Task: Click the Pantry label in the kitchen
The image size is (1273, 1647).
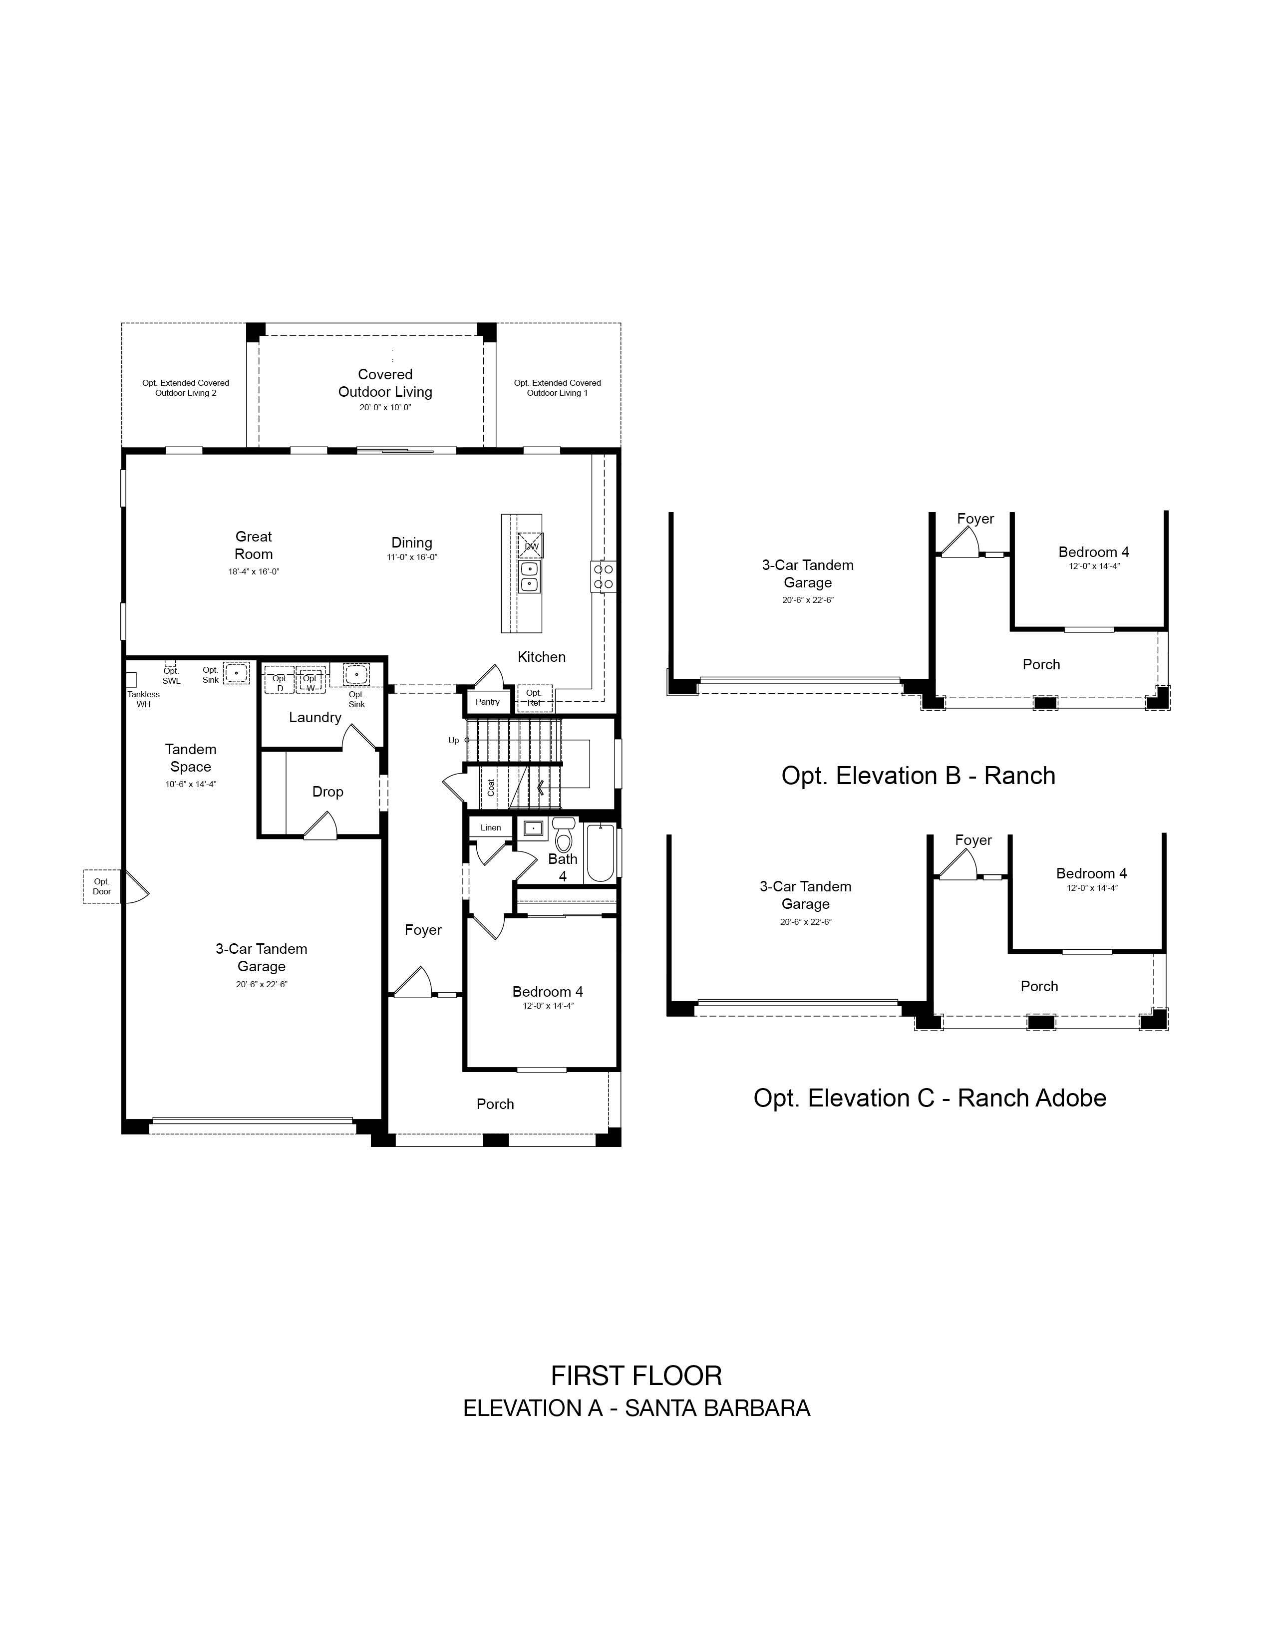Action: tap(487, 702)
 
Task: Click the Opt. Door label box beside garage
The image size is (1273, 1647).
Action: tap(102, 886)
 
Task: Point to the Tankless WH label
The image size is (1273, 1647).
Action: tap(143, 699)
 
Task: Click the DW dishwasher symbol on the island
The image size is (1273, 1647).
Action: tap(531, 545)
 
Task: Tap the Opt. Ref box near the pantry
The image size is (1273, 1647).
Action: tap(534, 698)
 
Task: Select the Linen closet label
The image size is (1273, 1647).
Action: tap(490, 827)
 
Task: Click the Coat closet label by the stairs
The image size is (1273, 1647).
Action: tap(491, 787)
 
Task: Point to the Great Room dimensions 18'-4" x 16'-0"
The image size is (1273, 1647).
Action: tap(254, 571)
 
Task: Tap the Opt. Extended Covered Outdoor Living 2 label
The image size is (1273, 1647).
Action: tap(186, 388)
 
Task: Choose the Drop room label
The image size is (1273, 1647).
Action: tap(327, 792)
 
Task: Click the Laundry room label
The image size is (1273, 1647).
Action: tap(315, 717)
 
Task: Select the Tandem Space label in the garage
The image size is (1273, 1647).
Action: tap(191, 758)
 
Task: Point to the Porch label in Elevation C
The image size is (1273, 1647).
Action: tap(1039, 986)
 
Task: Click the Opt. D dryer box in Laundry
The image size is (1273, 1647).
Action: tap(279, 679)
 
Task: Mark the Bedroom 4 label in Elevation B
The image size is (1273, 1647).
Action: tap(1093, 552)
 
